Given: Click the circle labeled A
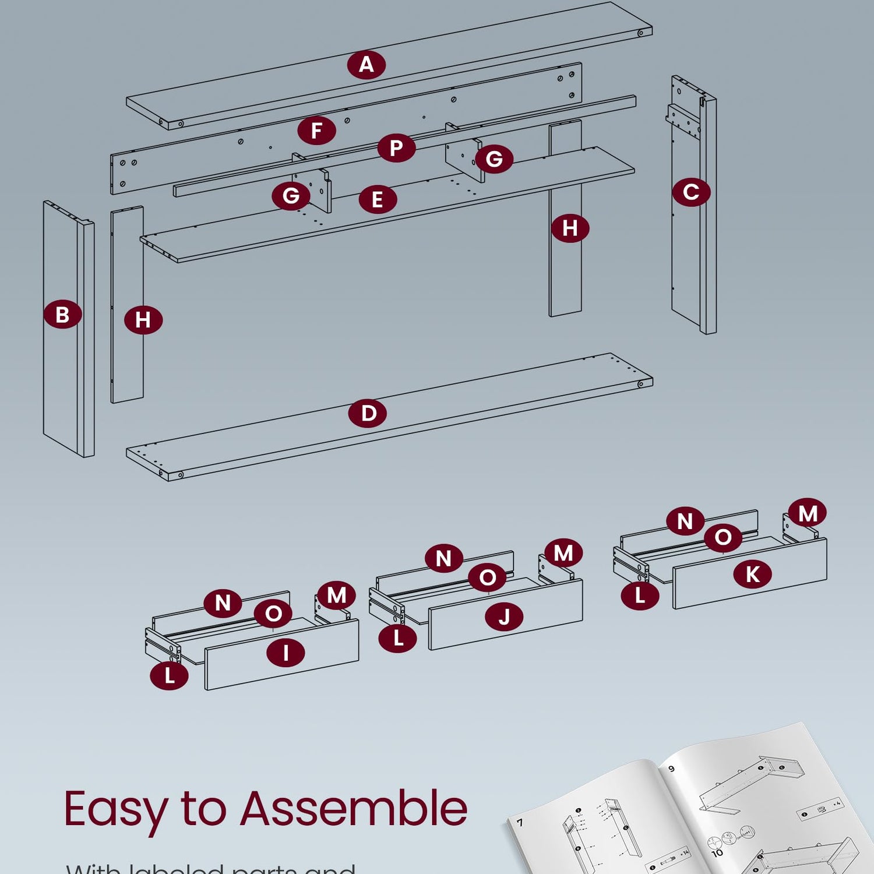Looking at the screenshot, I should pyautogui.click(x=366, y=64).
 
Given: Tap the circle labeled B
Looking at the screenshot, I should pyautogui.click(x=62, y=314).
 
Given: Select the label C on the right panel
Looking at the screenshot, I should pyautogui.click(x=691, y=192).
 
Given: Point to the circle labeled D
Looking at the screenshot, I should pyautogui.click(x=368, y=413).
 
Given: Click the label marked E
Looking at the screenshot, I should pyautogui.click(x=378, y=199).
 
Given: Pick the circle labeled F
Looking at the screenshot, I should pyautogui.click(x=316, y=130).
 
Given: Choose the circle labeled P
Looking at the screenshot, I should pyautogui.click(x=396, y=147).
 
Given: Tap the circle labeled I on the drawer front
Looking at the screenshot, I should pyautogui.click(x=286, y=653).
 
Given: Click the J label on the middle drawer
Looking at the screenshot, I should pyautogui.click(x=505, y=616).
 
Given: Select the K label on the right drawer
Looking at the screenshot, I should pyautogui.click(x=752, y=574).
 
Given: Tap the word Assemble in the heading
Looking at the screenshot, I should pyautogui.click(x=354, y=808).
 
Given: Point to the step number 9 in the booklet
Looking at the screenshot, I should pyautogui.click(x=671, y=769).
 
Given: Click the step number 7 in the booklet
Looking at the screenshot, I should pyautogui.click(x=520, y=823).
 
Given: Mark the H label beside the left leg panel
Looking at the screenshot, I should pyautogui.click(x=143, y=319).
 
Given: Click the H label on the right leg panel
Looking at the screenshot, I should pyautogui.click(x=570, y=228).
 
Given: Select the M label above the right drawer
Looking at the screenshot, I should pyautogui.click(x=808, y=513).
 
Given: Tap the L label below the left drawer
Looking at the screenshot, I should pyautogui.click(x=169, y=675).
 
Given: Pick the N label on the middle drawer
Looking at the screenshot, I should pyautogui.click(x=444, y=558).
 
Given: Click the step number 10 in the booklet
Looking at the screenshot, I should pyautogui.click(x=717, y=852).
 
